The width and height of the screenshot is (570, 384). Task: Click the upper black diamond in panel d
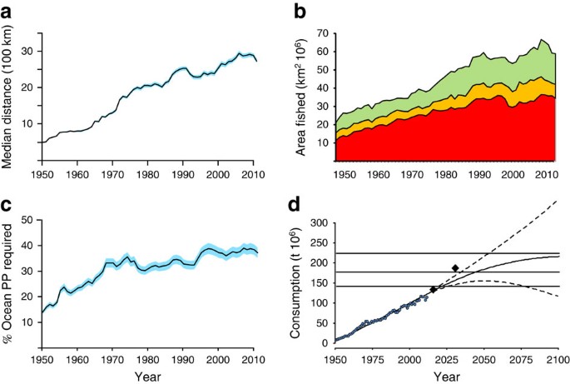[455, 267]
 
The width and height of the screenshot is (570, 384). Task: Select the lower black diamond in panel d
[433, 289]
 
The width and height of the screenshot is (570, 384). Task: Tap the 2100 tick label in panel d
[558, 357]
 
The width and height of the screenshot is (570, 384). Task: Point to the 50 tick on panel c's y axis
[30, 220]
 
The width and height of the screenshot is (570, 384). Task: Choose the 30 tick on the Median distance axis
[30, 51]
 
